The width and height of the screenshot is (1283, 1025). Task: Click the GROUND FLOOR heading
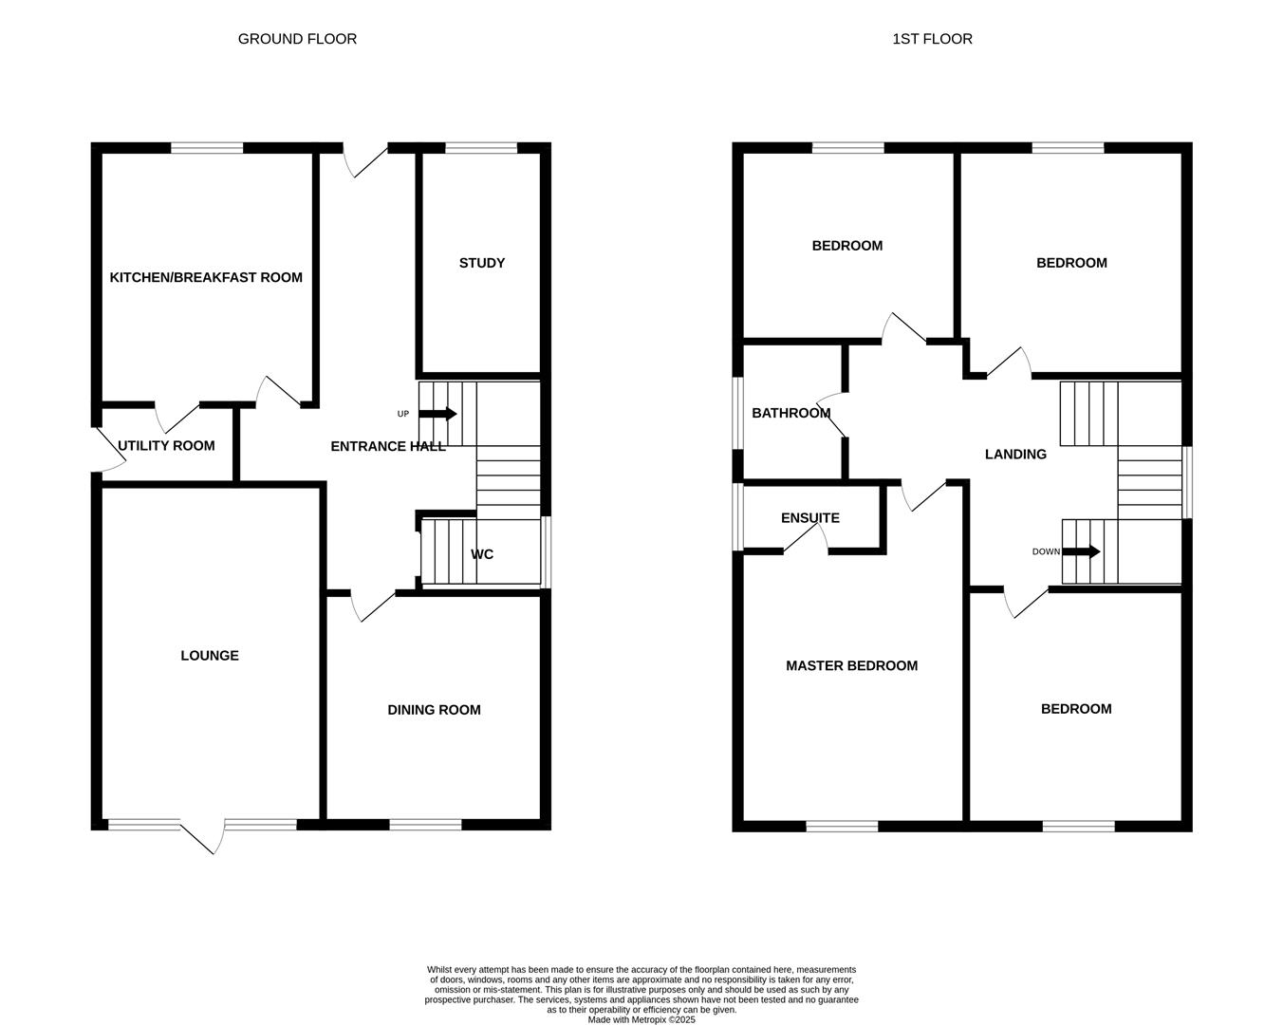click(x=297, y=39)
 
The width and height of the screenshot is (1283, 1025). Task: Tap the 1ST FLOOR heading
click(x=932, y=39)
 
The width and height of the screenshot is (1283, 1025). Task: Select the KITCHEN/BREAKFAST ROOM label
click(x=206, y=277)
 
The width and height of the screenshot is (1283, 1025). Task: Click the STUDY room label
click(x=482, y=263)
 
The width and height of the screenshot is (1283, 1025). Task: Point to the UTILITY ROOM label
click(x=166, y=445)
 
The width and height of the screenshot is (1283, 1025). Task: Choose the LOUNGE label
click(x=210, y=655)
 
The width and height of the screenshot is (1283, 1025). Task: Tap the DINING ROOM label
click(x=434, y=709)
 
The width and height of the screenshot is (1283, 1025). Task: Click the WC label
click(x=482, y=554)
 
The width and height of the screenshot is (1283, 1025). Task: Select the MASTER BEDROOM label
click(x=851, y=665)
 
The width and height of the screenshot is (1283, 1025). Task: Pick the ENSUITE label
click(x=809, y=517)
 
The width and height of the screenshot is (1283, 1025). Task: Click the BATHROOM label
click(x=790, y=413)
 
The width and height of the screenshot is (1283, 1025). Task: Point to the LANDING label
click(x=1015, y=454)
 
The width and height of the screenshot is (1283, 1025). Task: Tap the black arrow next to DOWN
click(x=1081, y=551)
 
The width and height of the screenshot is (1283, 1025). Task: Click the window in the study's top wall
click(x=481, y=147)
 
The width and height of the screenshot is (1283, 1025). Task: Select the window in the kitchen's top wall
click(x=207, y=147)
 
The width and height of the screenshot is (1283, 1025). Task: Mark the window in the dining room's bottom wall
click(x=425, y=825)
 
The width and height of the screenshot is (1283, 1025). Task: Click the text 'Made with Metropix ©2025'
click(x=641, y=1020)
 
